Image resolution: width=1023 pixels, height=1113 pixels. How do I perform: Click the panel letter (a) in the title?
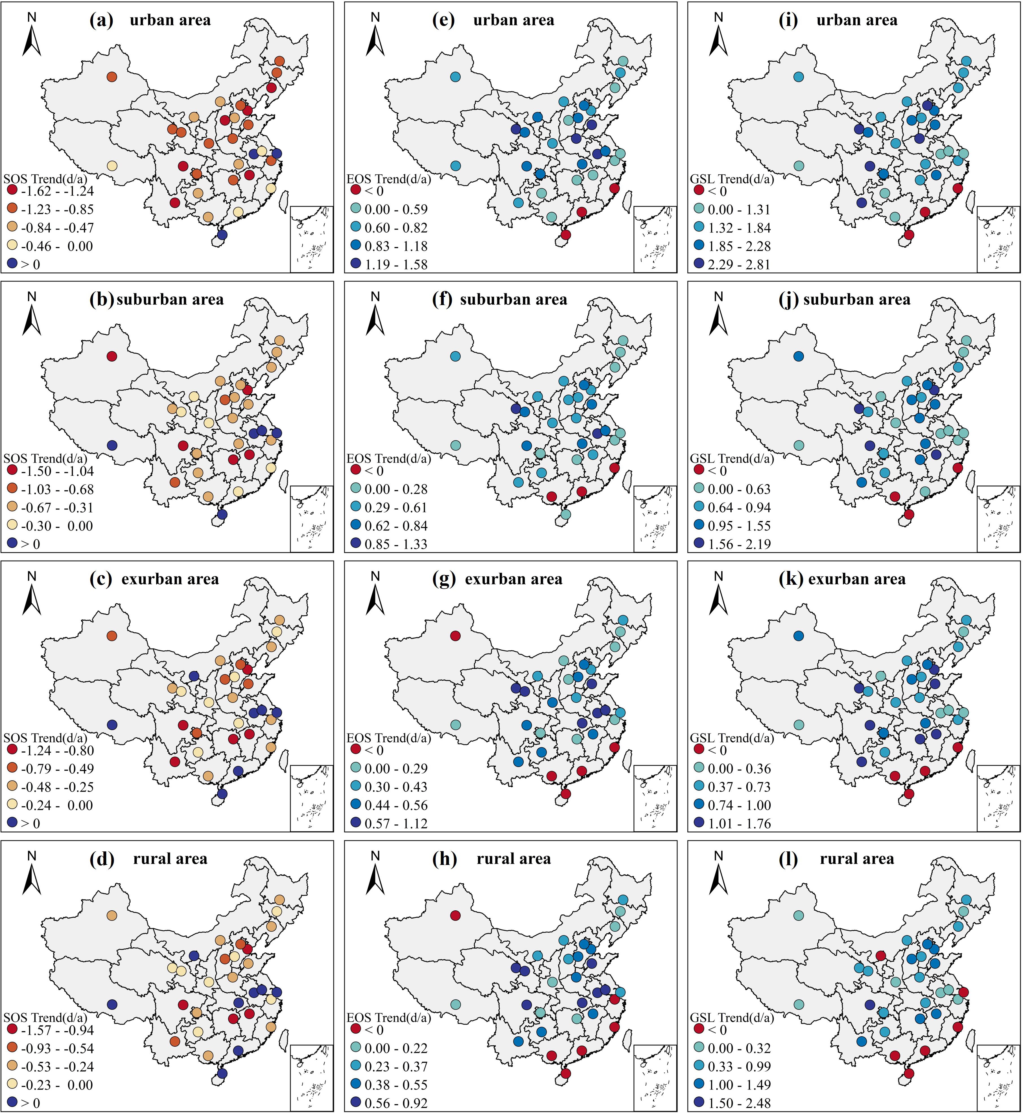point(101,21)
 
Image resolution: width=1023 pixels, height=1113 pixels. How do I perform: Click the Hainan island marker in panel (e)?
point(565,235)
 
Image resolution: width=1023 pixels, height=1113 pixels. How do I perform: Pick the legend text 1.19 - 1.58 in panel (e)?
point(396,264)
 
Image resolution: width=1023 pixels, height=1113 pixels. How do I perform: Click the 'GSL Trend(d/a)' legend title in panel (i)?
point(732,179)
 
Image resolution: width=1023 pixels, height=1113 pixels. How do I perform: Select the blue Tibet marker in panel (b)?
point(112,445)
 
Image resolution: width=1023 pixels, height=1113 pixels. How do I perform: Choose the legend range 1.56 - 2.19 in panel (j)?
point(739,544)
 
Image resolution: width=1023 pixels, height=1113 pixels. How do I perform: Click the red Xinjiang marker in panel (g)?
point(455,636)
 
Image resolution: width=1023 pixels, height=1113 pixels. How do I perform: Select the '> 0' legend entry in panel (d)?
point(30,1103)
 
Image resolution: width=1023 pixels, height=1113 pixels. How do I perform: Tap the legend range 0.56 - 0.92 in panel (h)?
point(396,1103)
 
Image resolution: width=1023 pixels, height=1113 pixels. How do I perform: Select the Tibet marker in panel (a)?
point(112,165)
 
